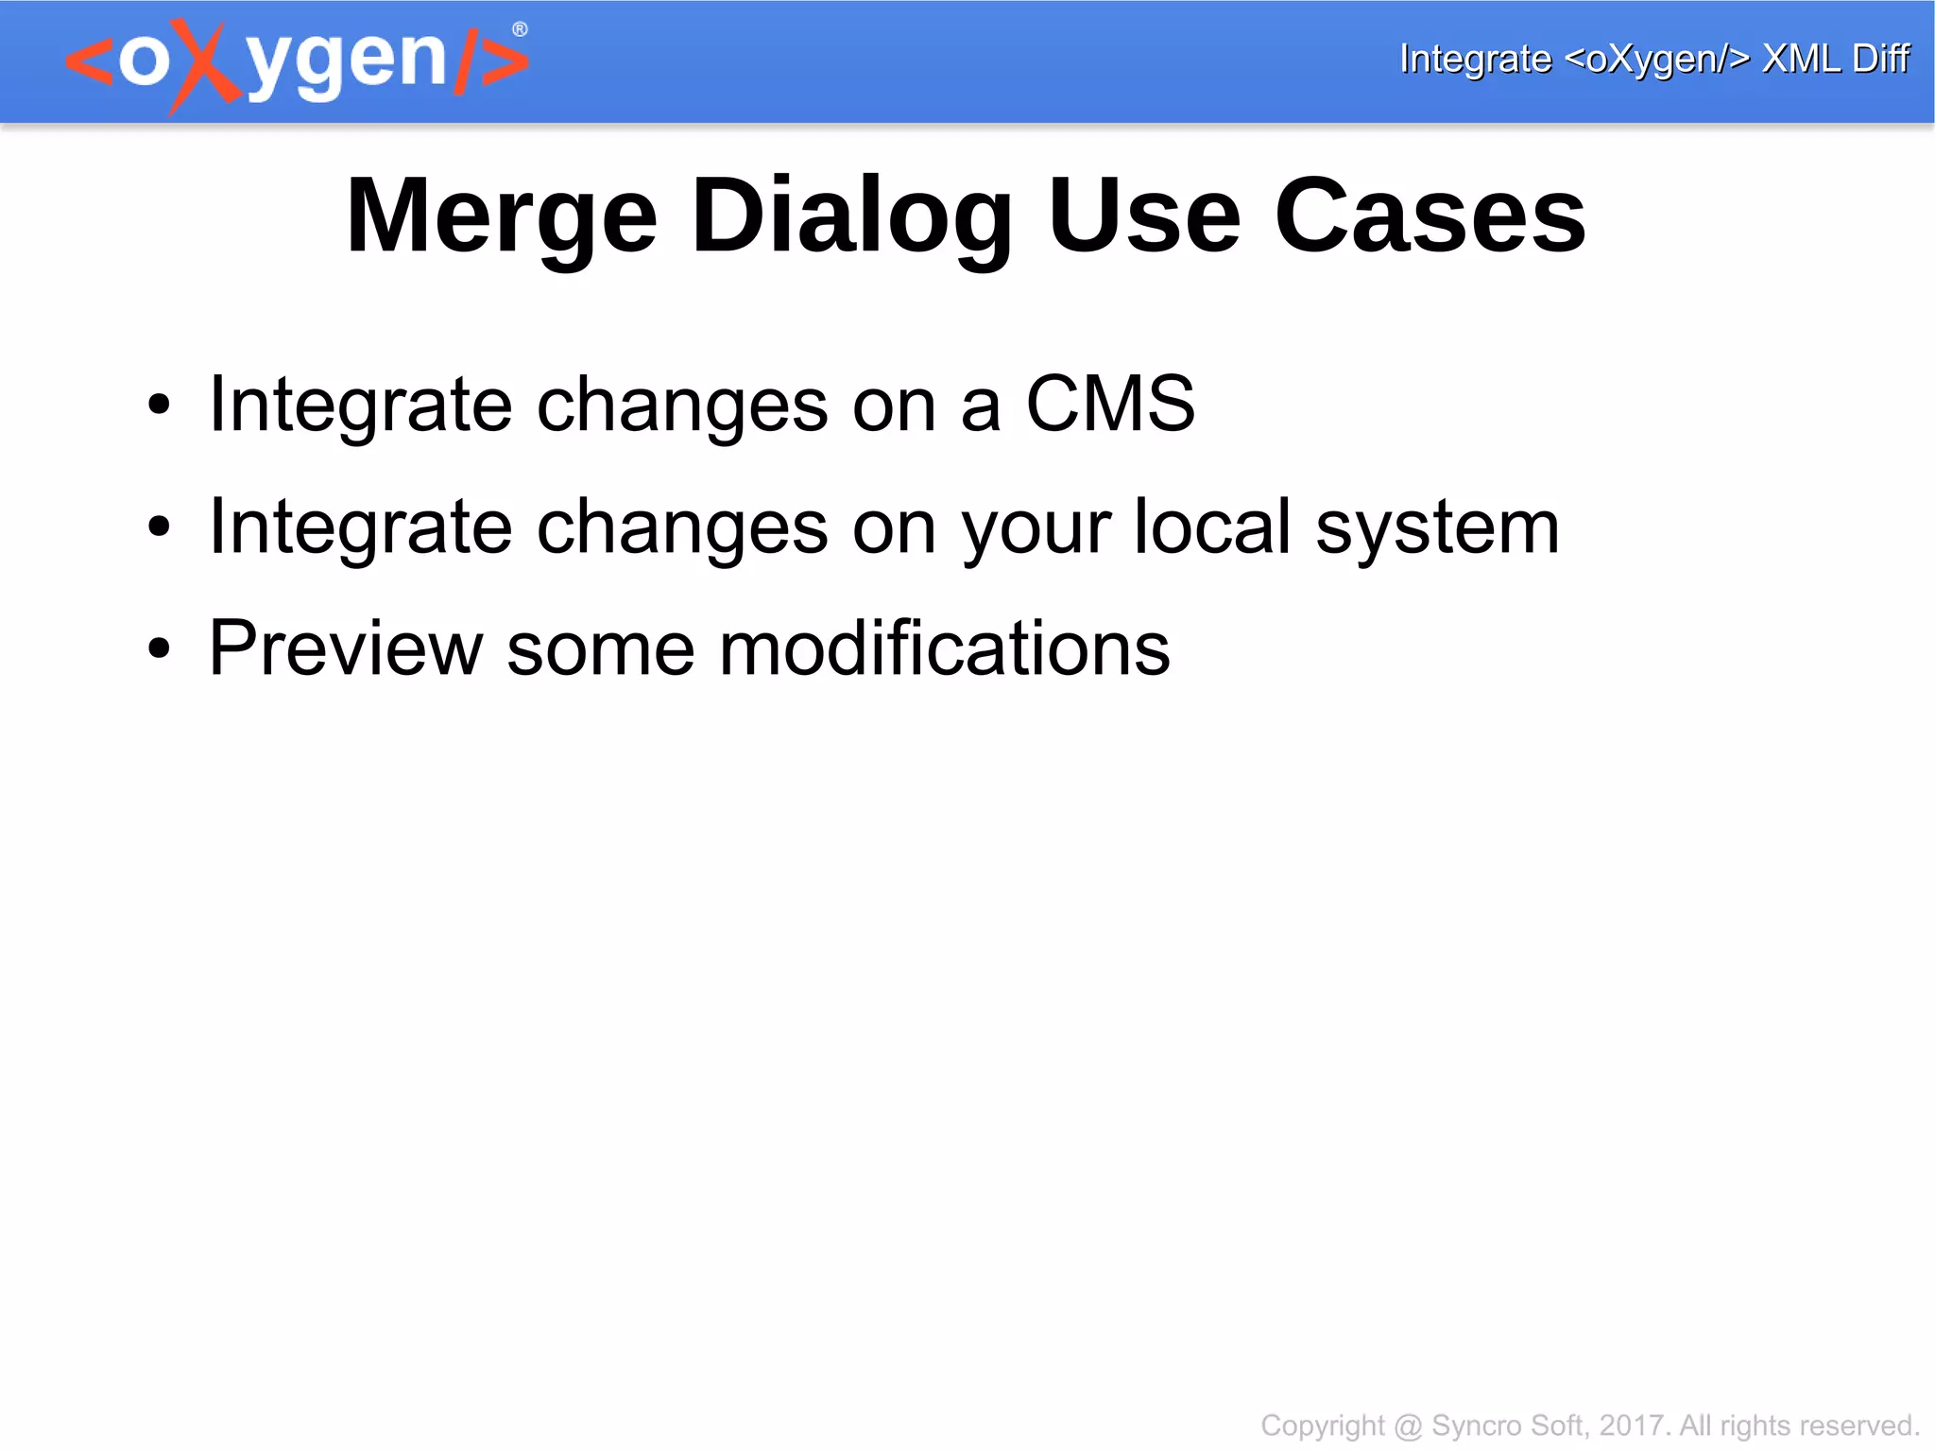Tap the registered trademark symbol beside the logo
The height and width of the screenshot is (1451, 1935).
(x=520, y=30)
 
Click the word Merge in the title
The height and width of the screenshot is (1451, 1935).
(x=502, y=216)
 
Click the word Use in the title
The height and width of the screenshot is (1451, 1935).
(x=1144, y=216)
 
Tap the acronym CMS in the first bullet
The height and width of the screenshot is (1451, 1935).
(x=1110, y=404)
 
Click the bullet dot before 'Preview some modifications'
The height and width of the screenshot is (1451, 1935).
(x=160, y=648)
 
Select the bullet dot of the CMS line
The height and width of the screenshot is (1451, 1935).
(x=160, y=405)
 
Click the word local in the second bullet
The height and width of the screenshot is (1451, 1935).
(x=1212, y=527)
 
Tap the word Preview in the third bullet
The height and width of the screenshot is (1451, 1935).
(x=346, y=648)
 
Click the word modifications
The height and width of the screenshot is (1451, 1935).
(x=944, y=648)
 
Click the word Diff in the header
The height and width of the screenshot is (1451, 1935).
(x=1880, y=59)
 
